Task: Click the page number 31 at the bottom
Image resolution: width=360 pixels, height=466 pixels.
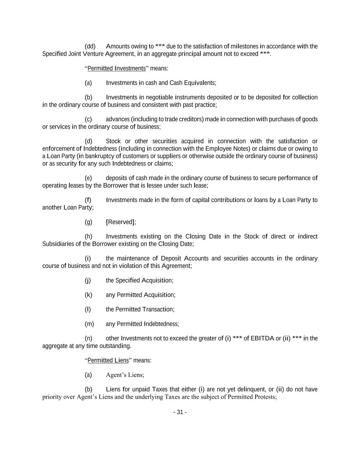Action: [180, 412]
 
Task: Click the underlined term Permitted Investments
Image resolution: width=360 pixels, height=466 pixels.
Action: [116, 68]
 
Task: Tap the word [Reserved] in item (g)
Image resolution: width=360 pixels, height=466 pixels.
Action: [121, 222]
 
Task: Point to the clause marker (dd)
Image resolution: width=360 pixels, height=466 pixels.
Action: [90, 46]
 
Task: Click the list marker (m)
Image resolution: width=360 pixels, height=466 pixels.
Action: [89, 324]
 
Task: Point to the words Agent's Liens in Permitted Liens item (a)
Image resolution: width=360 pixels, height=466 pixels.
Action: [125, 375]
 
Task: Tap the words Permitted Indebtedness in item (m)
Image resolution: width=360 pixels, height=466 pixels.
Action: [148, 324]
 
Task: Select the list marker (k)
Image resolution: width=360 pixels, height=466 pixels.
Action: [88, 295]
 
